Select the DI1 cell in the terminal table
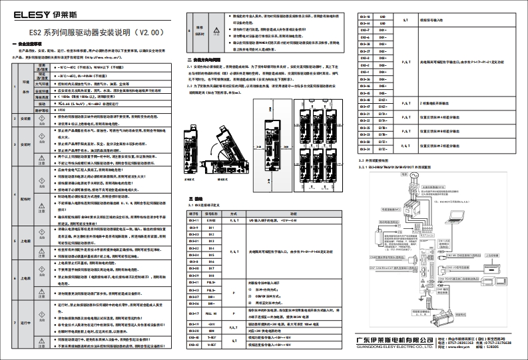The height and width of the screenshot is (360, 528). coord(212,228)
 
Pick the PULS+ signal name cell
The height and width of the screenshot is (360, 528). coord(212,283)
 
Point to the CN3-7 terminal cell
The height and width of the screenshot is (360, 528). coord(364,30)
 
